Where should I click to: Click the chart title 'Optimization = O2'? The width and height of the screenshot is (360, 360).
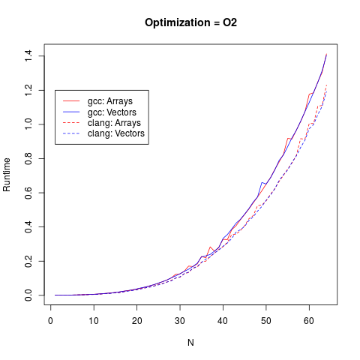pyautogui.click(x=190, y=22)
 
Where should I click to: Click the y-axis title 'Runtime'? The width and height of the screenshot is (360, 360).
pyautogui.click(x=7, y=174)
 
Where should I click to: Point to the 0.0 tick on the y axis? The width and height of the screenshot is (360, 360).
pyautogui.click(x=28, y=295)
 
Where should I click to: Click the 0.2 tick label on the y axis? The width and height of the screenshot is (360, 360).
pyautogui.click(x=28, y=261)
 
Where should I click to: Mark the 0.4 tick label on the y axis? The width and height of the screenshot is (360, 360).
pyautogui.click(x=28, y=226)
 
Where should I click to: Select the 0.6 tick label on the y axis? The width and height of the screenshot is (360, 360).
pyautogui.click(x=28, y=193)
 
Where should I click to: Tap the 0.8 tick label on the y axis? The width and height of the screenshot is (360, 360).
pyautogui.click(x=28, y=158)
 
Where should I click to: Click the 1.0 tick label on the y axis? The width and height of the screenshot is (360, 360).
pyautogui.click(x=28, y=124)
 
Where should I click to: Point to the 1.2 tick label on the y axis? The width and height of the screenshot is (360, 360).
pyautogui.click(x=28, y=90)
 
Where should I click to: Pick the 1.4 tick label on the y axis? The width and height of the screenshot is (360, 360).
pyautogui.click(x=28, y=55)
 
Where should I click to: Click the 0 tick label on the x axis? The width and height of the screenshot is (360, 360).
pyautogui.click(x=51, y=321)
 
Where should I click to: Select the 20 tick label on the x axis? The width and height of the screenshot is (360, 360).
pyautogui.click(x=136, y=321)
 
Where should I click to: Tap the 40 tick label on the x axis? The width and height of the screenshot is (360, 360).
pyautogui.click(x=223, y=321)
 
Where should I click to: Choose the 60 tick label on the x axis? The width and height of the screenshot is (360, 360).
pyautogui.click(x=308, y=321)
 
